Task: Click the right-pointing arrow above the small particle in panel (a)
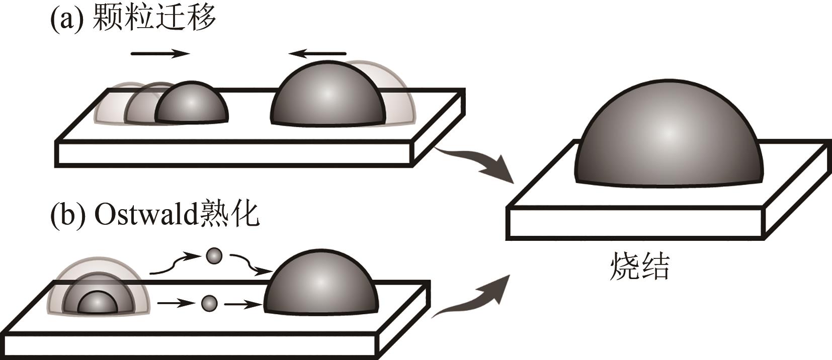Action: pos(160,53)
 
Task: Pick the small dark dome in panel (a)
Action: pos(192,104)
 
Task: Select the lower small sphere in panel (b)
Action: pos(209,303)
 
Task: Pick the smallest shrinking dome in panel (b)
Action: pos(98,304)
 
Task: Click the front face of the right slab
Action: pos(637,224)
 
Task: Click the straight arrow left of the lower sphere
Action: pos(176,303)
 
